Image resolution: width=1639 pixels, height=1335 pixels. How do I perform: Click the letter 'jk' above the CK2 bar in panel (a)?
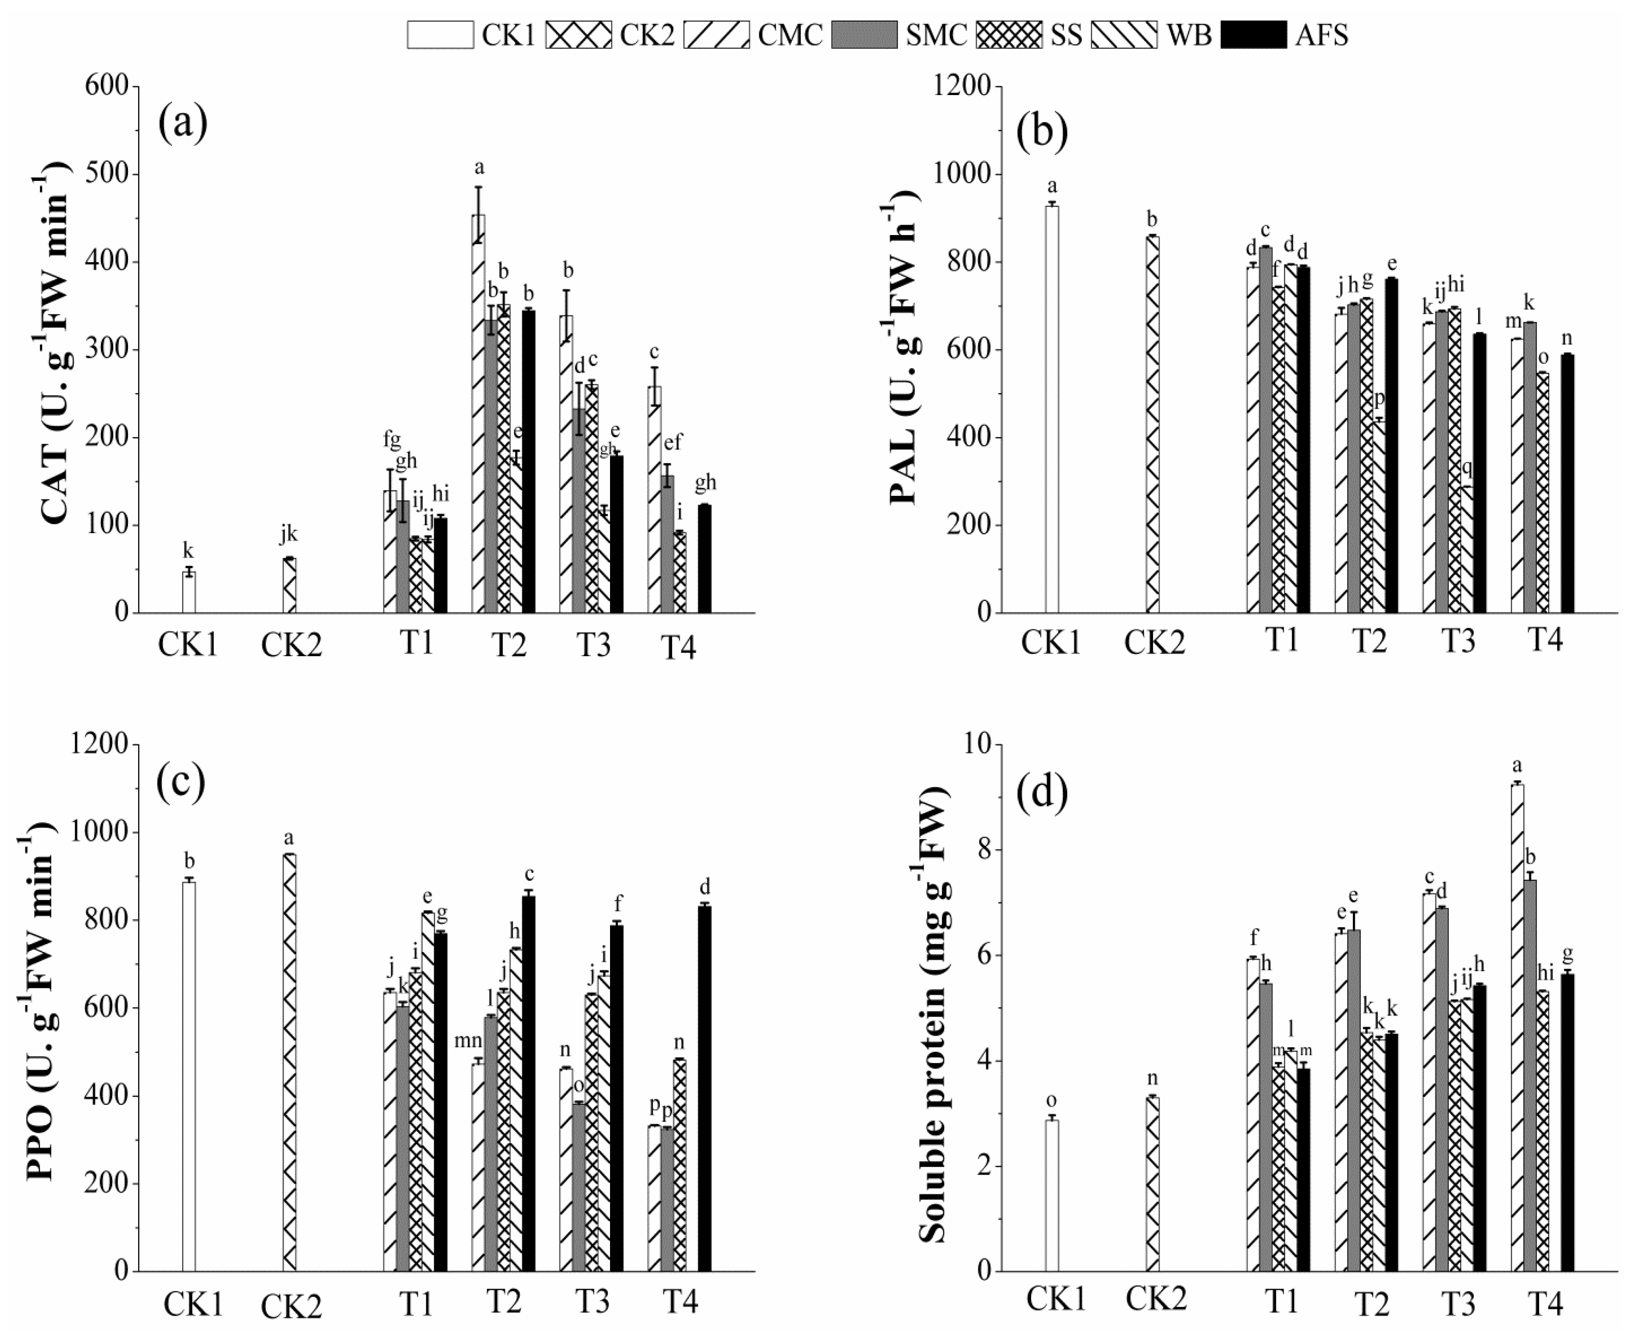coord(288,534)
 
